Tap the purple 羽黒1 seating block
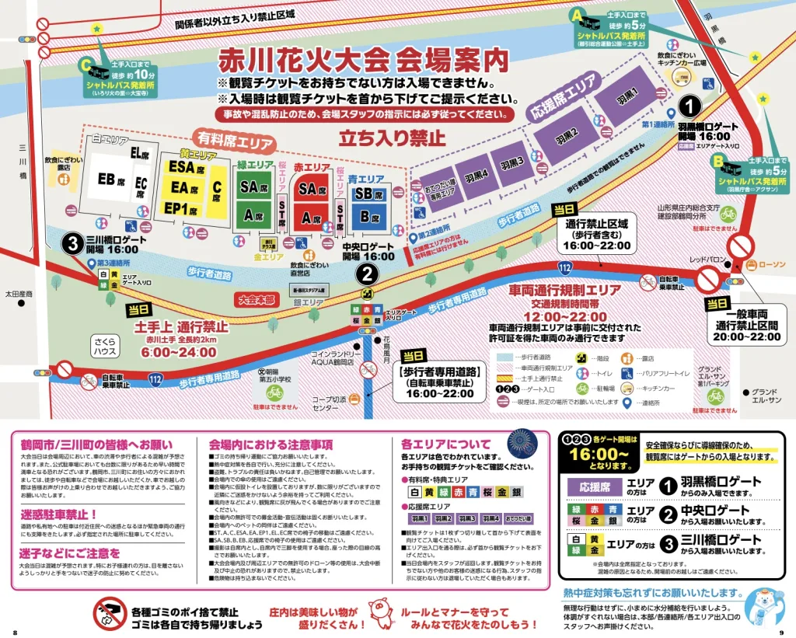(627, 99)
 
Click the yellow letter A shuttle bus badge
(577, 15)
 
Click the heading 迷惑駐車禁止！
(57, 514)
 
